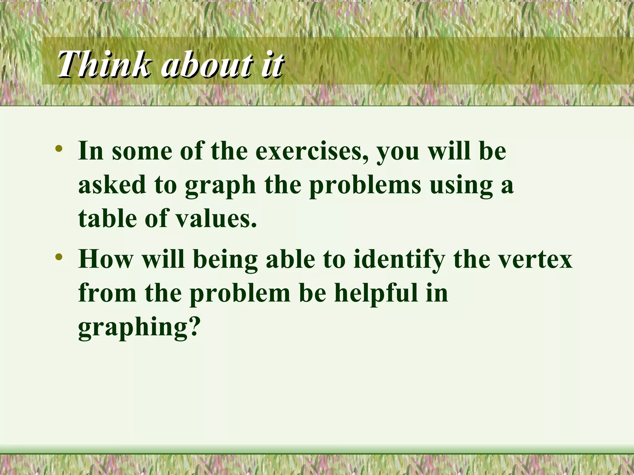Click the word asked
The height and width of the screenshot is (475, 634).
tap(112, 184)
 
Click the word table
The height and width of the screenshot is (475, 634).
tap(107, 218)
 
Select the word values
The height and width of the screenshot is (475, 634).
tap(217, 218)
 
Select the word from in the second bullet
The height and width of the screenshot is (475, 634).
tap(107, 293)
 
